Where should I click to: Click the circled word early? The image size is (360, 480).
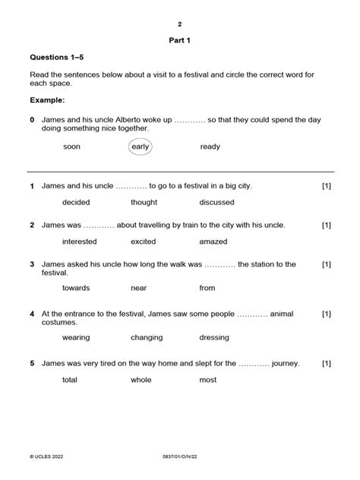[141, 147]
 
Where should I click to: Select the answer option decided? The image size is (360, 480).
[76, 203]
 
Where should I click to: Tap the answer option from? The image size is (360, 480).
[207, 288]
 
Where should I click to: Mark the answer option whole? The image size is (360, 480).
[141, 380]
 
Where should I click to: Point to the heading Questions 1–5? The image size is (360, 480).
[59, 58]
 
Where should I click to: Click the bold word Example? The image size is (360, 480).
[48, 100]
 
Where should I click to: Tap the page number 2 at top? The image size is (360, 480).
[180, 24]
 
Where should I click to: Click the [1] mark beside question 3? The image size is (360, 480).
[326, 264]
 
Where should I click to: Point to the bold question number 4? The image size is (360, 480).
[33, 314]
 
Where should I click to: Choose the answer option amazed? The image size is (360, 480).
[213, 242]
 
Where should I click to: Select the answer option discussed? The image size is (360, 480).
[216, 203]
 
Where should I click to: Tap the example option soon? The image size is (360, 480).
[71, 147]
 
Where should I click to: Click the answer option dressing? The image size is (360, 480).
[214, 336]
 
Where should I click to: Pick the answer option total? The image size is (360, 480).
[71, 380]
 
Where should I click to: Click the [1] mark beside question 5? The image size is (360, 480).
[326, 364]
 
